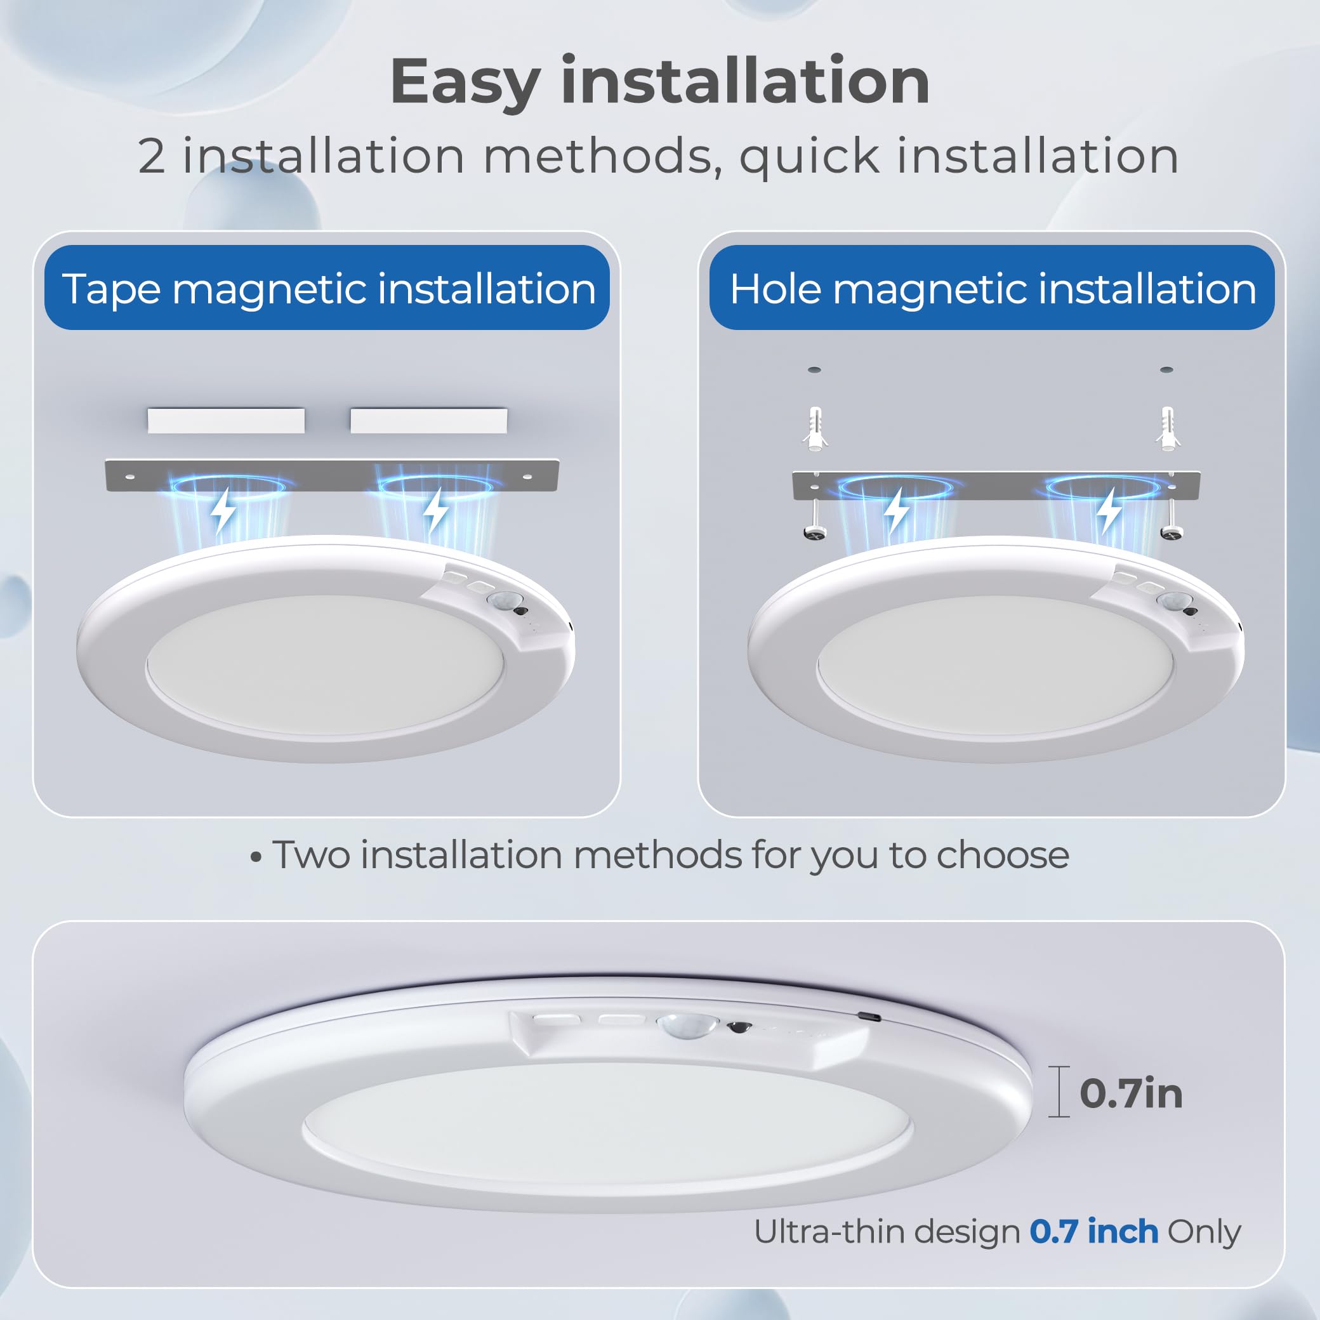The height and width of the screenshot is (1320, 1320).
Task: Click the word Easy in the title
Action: [x=465, y=83]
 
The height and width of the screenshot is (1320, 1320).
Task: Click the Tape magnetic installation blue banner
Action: [x=327, y=287]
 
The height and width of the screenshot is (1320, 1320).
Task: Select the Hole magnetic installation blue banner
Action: [x=991, y=287]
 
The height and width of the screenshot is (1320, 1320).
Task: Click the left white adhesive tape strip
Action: [x=225, y=420]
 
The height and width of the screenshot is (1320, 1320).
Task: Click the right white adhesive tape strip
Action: [x=428, y=420]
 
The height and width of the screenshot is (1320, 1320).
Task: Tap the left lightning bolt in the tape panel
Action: [x=223, y=511]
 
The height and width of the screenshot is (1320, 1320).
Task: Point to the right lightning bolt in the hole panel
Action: [x=1108, y=511]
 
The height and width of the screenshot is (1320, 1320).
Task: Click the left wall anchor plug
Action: [x=814, y=428]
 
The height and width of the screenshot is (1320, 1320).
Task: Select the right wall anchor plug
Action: [x=1167, y=428]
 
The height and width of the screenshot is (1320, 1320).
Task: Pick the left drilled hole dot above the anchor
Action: [x=814, y=369]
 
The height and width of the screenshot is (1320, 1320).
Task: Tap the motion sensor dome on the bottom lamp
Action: [x=687, y=1026]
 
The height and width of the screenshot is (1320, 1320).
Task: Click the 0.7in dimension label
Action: [x=1131, y=1094]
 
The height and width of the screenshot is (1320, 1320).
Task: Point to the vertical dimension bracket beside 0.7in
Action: [x=1059, y=1092]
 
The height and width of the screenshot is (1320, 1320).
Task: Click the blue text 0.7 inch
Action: [x=1093, y=1232]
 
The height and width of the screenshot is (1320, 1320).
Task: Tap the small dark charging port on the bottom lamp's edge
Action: [x=869, y=1017]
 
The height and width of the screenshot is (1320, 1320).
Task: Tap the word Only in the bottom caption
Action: [x=1204, y=1232]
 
